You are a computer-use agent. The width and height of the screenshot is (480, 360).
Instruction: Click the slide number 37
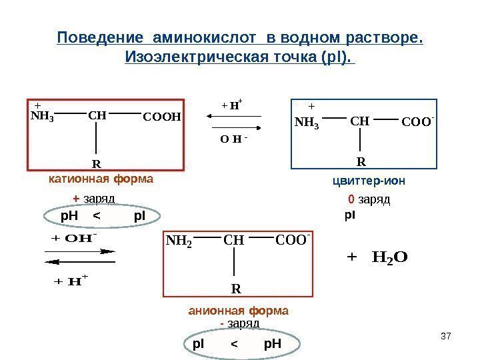click(x=447, y=335)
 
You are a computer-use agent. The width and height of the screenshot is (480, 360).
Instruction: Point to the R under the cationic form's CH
click(x=96, y=163)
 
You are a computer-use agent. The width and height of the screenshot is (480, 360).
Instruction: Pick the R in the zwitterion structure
click(x=361, y=161)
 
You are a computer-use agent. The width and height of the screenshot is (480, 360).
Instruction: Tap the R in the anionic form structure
click(x=236, y=289)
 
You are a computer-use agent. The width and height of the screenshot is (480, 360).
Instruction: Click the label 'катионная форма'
click(x=101, y=179)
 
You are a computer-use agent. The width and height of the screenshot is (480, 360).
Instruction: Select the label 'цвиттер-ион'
click(x=369, y=181)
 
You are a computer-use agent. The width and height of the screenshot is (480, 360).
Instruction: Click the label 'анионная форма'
click(x=239, y=311)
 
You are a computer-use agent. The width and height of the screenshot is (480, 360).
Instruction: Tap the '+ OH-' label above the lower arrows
click(x=75, y=238)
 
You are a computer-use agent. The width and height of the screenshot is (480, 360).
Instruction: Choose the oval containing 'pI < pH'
click(x=237, y=344)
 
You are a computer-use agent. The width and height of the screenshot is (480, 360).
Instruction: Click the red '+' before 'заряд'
click(x=76, y=199)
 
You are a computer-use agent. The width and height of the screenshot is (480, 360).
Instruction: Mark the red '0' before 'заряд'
click(x=351, y=199)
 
